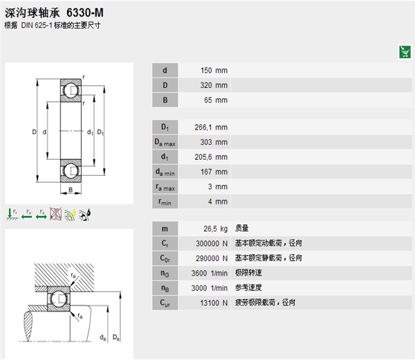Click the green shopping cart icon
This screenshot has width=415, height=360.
(405, 52)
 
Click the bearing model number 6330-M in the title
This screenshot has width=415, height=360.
(85, 12)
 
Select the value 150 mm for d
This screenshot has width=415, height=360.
(214, 71)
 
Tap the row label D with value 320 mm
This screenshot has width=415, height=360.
(165, 85)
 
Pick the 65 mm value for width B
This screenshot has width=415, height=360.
(216, 100)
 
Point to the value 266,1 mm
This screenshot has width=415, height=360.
(211, 127)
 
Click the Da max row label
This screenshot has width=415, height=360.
(165, 142)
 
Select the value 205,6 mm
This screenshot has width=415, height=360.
(211, 157)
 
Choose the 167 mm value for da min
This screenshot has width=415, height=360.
(214, 172)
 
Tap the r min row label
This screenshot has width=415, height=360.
(165, 202)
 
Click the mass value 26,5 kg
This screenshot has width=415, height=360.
(215, 229)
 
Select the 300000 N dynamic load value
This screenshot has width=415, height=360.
(212, 244)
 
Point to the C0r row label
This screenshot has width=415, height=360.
(165, 258)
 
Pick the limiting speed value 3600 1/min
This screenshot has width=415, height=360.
(210, 273)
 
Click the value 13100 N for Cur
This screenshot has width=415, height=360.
(214, 303)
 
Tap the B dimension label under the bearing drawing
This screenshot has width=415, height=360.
(71, 190)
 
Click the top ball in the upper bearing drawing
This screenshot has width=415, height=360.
(71, 90)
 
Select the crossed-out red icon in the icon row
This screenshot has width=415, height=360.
(55, 214)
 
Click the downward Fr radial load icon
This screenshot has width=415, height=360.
(12, 214)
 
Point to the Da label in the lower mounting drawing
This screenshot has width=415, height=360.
(116, 337)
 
